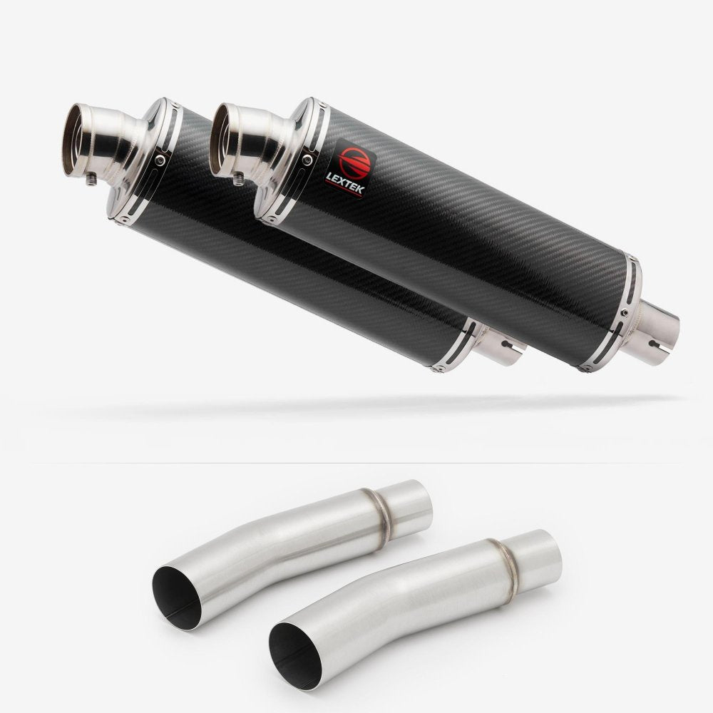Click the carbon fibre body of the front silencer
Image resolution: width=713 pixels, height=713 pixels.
coord(456,235)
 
